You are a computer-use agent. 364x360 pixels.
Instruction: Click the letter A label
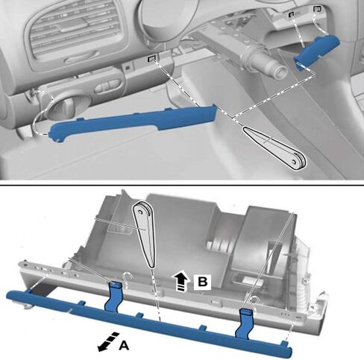(x=124, y=345)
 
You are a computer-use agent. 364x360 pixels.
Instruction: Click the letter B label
(x=202, y=282)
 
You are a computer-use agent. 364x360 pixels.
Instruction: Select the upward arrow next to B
(x=182, y=280)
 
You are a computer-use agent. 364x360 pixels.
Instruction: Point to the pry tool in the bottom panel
(x=145, y=233)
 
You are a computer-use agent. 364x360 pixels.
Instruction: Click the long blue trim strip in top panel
(x=133, y=121)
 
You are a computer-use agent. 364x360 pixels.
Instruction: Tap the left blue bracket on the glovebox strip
(x=114, y=297)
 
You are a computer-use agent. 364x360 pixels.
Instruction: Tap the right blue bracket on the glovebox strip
(x=245, y=323)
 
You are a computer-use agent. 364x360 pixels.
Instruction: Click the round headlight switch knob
(x=66, y=107)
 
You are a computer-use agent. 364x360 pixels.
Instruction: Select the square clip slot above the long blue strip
(x=152, y=59)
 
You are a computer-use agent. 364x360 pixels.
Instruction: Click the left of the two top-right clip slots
(x=291, y=15)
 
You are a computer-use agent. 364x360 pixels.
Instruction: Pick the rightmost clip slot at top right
(x=317, y=9)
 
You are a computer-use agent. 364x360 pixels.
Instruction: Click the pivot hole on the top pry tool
(x=294, y=162)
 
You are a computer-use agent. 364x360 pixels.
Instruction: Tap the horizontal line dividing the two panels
(x=182, y=185)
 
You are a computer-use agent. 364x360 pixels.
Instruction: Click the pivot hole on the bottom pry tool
(x=140, y=212)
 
